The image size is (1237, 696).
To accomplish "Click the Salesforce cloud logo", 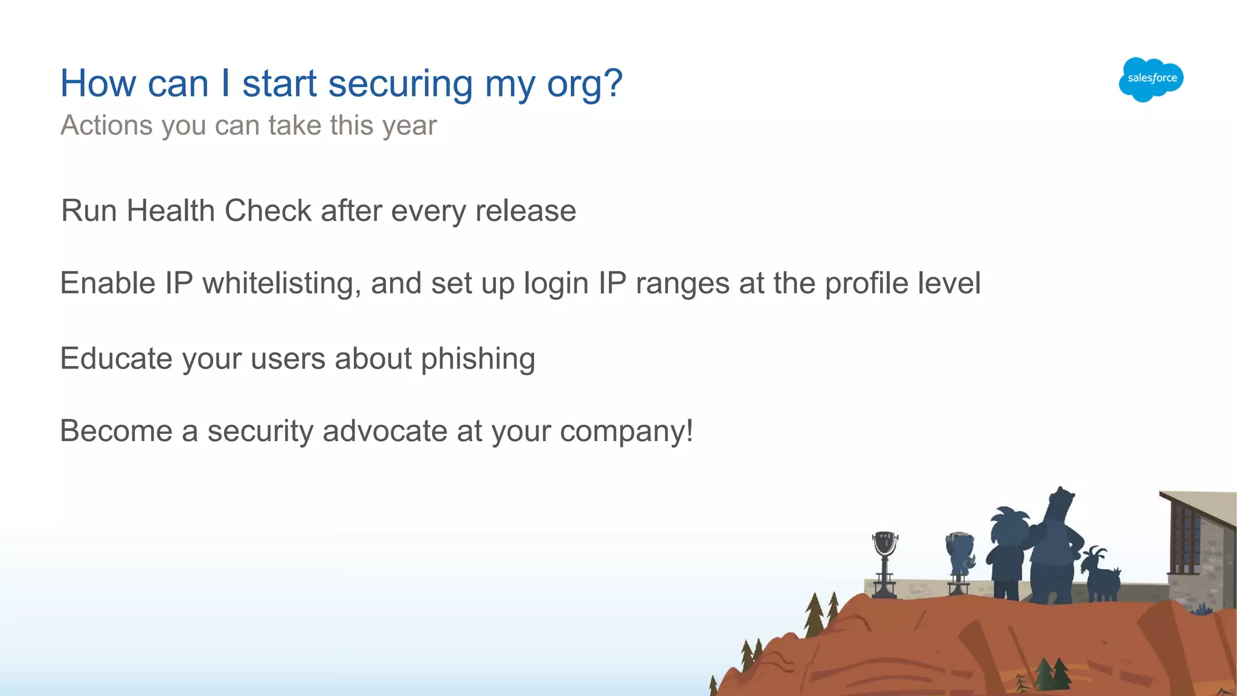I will tap(1151, 79).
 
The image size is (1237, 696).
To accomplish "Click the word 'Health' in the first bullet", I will tap(171, 211).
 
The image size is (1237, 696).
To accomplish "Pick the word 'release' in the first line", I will tap(525, 211).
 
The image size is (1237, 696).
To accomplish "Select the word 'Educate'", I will tap(117, 358).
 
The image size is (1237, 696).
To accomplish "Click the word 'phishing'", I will tap(478, 359).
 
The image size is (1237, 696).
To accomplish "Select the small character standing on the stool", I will tap(959, 556).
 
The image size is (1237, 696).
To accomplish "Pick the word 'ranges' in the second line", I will tap(683, 285).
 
